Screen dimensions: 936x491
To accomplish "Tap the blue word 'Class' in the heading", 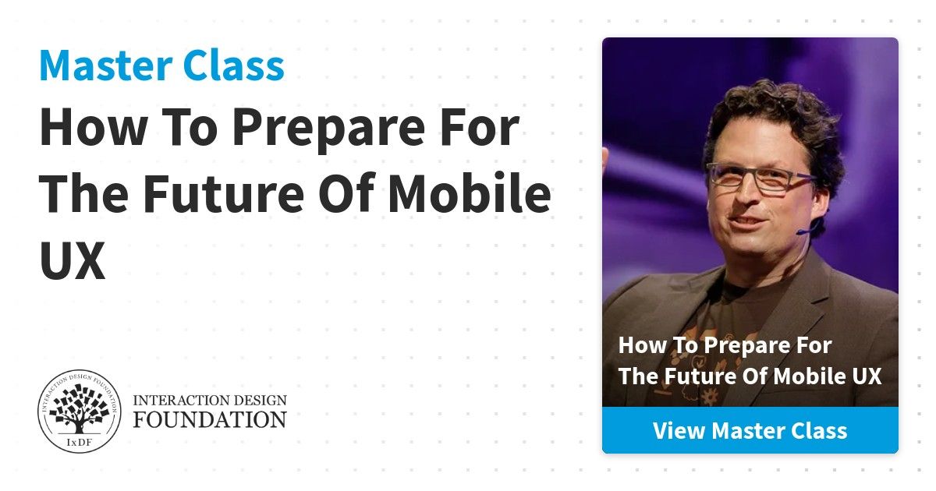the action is click(x=233, y=65).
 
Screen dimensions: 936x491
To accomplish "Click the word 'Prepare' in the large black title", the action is click(x=329, y=128).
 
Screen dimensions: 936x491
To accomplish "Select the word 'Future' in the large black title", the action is click(x=224, y=193).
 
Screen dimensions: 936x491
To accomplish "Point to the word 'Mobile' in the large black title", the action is click(x=470, y=193).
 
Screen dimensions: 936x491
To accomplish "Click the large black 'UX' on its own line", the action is click(x=73, y=260).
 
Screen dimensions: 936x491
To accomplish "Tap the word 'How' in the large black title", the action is click(x=93, y=126).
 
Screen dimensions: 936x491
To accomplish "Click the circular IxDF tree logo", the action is click(x=80, y=412).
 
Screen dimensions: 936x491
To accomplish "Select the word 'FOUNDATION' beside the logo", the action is click(x=210, y=419).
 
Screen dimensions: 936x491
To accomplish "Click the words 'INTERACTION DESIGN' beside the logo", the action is click(x=210, y=401).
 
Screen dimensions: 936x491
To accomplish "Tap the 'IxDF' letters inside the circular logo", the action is click(x=79, y=443).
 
